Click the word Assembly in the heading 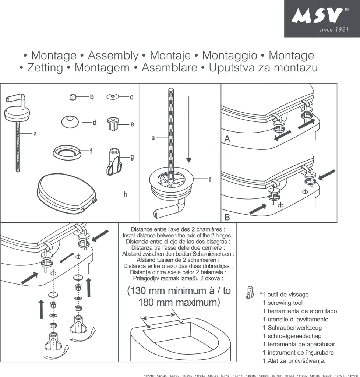tap(113, 56)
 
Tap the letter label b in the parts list tap(92, 97)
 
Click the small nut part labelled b tap(73, 97)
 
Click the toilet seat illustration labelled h tap(66, 193)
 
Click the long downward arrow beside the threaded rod tap(189, 129)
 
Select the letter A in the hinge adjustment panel tap(227, 139)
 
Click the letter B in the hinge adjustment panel tap(227, 217)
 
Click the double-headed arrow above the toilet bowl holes tap(159, 316)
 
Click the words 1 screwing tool tap(282, 303)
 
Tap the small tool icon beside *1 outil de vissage tap(250, 293)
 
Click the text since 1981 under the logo tap(333, 29)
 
